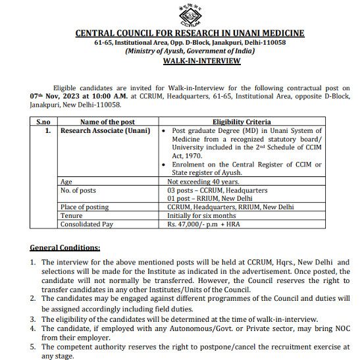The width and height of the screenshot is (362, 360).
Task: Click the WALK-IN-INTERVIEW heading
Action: (201, 61)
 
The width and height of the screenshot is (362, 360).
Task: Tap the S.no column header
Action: (43, 122)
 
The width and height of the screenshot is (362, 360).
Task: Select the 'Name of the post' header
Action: (107, 122)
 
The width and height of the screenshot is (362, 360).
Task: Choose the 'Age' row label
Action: (66, 181)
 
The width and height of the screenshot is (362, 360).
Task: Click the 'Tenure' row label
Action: (71, 215)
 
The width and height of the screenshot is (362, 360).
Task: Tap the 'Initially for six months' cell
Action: (201, 215)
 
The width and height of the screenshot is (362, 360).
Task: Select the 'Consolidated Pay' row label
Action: (87, 224)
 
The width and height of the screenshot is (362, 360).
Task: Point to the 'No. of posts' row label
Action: (78, 190)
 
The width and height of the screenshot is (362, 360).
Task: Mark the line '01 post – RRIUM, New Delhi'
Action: (211, 198)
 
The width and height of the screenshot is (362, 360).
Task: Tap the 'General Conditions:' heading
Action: (65, 247)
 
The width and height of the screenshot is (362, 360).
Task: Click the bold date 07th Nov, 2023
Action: (53, 95)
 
